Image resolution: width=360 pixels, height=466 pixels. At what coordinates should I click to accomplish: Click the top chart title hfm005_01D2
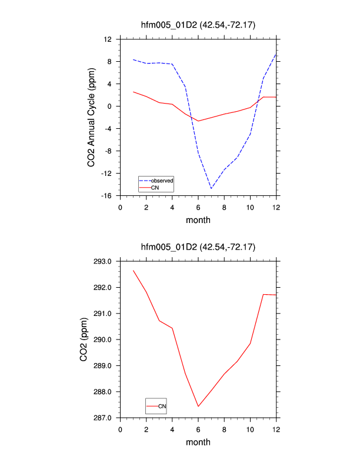[198, 24]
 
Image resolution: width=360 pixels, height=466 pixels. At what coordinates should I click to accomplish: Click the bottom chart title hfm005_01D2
[198, 246]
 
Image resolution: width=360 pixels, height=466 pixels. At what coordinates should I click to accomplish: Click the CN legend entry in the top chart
[155, 188]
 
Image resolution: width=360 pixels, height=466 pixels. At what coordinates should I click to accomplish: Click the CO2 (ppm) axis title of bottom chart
[92, 339]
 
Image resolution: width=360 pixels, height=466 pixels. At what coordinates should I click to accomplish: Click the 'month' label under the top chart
[198, 220]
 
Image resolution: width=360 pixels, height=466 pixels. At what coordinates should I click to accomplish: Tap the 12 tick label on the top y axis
[108, 39]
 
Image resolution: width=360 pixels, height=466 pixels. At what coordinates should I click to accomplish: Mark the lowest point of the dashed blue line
[211, 188]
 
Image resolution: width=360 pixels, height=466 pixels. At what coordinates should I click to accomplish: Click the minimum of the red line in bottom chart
[198, 407]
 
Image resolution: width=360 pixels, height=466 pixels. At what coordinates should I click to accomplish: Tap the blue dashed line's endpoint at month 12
[276, 55]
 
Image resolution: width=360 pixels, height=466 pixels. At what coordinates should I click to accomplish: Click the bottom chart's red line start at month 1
[134, 271]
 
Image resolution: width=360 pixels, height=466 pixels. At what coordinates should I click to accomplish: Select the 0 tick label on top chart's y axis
[110, 106]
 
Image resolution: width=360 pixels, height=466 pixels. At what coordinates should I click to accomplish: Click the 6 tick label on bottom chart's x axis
[198, 428]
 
